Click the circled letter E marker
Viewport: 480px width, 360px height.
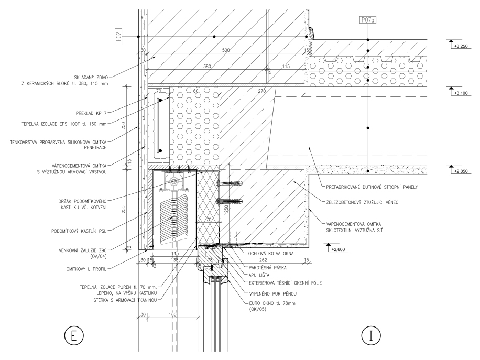pos(74,335)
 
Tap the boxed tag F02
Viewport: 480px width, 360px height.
pos(119,37)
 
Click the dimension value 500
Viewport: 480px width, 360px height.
pos(226,50)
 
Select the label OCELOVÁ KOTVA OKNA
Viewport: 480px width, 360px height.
pos(267,253)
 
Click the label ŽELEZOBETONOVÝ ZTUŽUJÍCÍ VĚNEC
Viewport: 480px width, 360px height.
pos(358,203)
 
